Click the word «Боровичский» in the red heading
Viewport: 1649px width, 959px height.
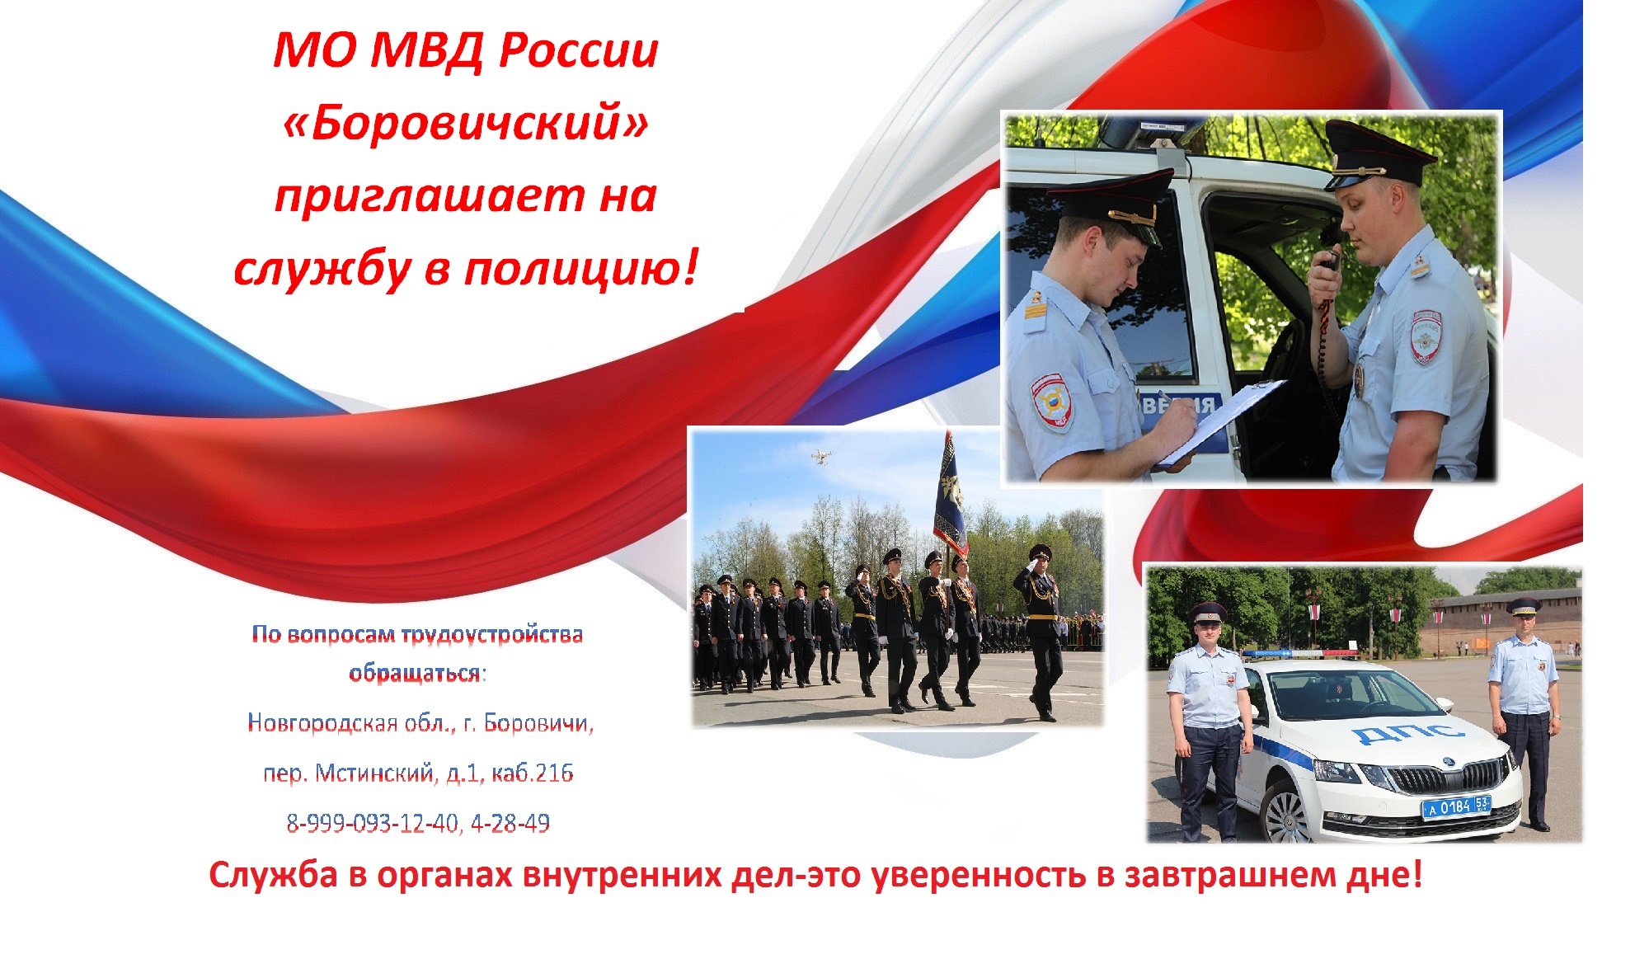[465, 124]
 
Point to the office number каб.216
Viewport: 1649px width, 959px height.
[533, 773]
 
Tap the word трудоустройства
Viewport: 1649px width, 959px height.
[492, 636]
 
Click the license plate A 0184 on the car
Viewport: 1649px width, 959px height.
[1456, 806]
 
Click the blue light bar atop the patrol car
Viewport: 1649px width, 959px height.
[1299, 654]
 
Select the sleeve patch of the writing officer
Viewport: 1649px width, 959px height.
[1051, 402]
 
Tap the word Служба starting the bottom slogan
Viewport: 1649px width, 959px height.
[273, 875]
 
